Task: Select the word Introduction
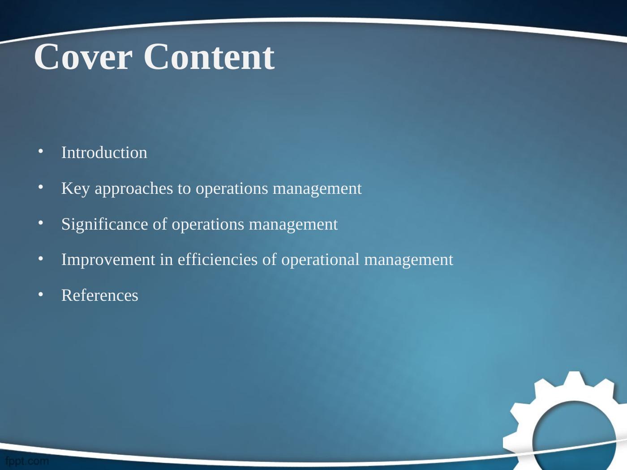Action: click(104, 152)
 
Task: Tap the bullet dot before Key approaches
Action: click(41, 187)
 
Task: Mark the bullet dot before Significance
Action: click(41, 222)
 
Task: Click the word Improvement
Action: click(108, 260)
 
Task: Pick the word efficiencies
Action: click(218, 260)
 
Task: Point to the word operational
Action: click(320, 260)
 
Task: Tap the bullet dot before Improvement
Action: click(41, 258)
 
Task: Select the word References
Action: click(100, 295)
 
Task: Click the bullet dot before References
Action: click(41, 294)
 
